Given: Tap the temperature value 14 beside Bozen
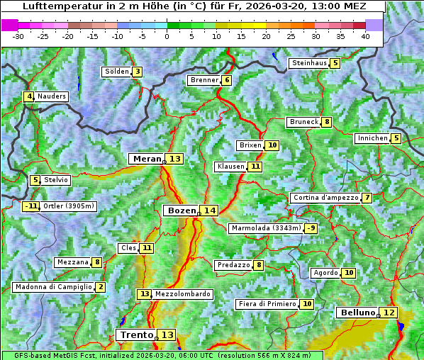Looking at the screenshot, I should click(x=209, y=210).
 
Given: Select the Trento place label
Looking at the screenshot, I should click(x=137, y=334).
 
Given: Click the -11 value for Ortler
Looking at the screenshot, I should click(x=30, y=206).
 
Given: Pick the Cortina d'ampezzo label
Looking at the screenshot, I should click(x=325, y=198).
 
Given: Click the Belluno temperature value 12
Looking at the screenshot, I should click(x=389, y=313).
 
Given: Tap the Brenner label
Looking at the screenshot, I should click(x=204, y=80).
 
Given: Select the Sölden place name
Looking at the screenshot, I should click(x=117, y=72).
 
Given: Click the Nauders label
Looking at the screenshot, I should click(x=52, y=96).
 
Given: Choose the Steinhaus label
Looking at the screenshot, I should click(x=309, y=63).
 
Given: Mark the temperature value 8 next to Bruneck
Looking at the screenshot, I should click(x=326, y=122).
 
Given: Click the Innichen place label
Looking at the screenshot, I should click(x=372, y=138).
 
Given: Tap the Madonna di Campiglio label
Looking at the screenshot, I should click(x=53, y=287).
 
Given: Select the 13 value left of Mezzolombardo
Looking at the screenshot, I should click(x=144, y=294).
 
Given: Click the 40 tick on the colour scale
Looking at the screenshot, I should click(x=365, y=36).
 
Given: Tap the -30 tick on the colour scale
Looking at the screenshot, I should click(x=18, y=36).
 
